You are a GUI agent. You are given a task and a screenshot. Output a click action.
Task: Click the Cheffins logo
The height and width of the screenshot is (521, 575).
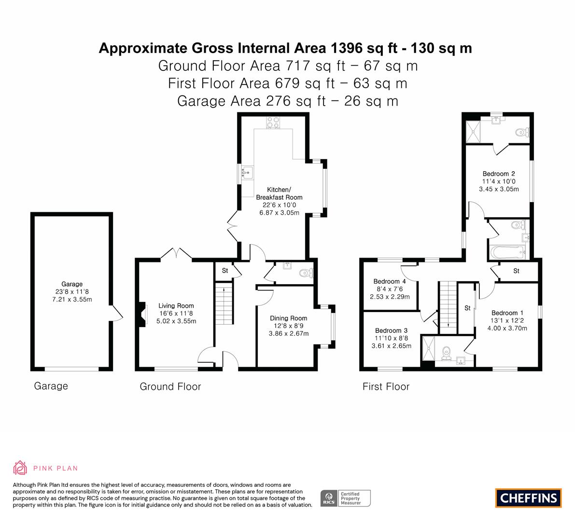[528, 498]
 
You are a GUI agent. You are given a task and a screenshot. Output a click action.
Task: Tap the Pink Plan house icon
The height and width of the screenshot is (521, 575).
[20, 468]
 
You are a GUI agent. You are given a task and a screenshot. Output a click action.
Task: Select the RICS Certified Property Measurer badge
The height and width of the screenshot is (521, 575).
[346, 498]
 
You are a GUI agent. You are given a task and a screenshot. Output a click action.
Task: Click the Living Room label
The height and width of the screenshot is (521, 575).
[176, 305]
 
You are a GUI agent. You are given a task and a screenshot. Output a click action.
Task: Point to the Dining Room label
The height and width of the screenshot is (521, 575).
[289, 318]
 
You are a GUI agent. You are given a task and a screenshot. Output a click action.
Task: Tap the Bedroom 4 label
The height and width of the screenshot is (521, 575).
[390, 281]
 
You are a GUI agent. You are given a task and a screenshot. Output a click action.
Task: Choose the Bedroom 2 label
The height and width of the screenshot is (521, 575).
[499, 174]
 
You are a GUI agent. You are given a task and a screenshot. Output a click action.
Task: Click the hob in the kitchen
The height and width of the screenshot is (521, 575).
[273, 123]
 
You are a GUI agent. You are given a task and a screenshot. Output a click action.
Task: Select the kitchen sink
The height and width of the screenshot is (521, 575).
[248, 173]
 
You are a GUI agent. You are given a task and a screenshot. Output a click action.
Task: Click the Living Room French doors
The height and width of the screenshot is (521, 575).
[176, 254]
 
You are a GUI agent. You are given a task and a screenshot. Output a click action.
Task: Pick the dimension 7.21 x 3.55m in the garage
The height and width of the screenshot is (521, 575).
[72, 300]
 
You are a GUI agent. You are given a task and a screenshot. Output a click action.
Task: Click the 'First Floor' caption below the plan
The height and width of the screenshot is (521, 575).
[386, 386]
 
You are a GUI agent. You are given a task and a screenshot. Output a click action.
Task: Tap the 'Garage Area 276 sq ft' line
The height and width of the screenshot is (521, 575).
[252, 101]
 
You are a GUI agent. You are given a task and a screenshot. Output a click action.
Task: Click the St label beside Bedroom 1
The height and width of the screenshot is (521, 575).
[467, 308]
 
